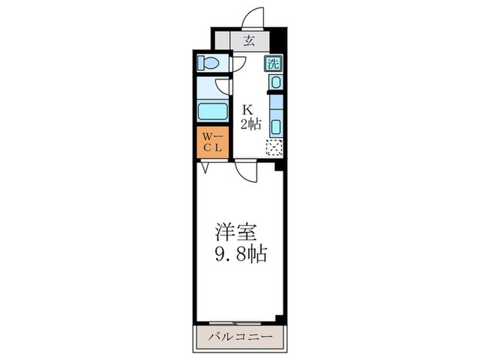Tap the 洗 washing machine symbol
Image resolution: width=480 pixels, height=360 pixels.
point(273,65)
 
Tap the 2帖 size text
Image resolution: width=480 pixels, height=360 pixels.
point(250,124)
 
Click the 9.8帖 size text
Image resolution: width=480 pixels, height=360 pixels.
point(239,254)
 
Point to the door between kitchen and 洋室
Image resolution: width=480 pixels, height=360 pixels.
point(245,171)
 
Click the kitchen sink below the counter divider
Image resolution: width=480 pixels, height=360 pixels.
point(276,127)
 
